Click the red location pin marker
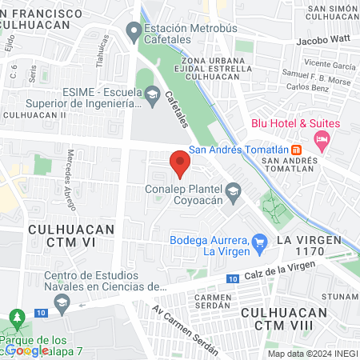tap(180, 164)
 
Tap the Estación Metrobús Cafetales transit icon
tap(133, 31)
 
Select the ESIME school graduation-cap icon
tap(151, 96)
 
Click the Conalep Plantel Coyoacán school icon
tap(233, 190)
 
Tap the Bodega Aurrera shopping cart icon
tap(258, 241)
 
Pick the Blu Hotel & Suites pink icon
tap(322, 139)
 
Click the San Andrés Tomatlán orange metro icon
tap(296, 149)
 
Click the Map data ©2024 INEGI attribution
tap(313, 354)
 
